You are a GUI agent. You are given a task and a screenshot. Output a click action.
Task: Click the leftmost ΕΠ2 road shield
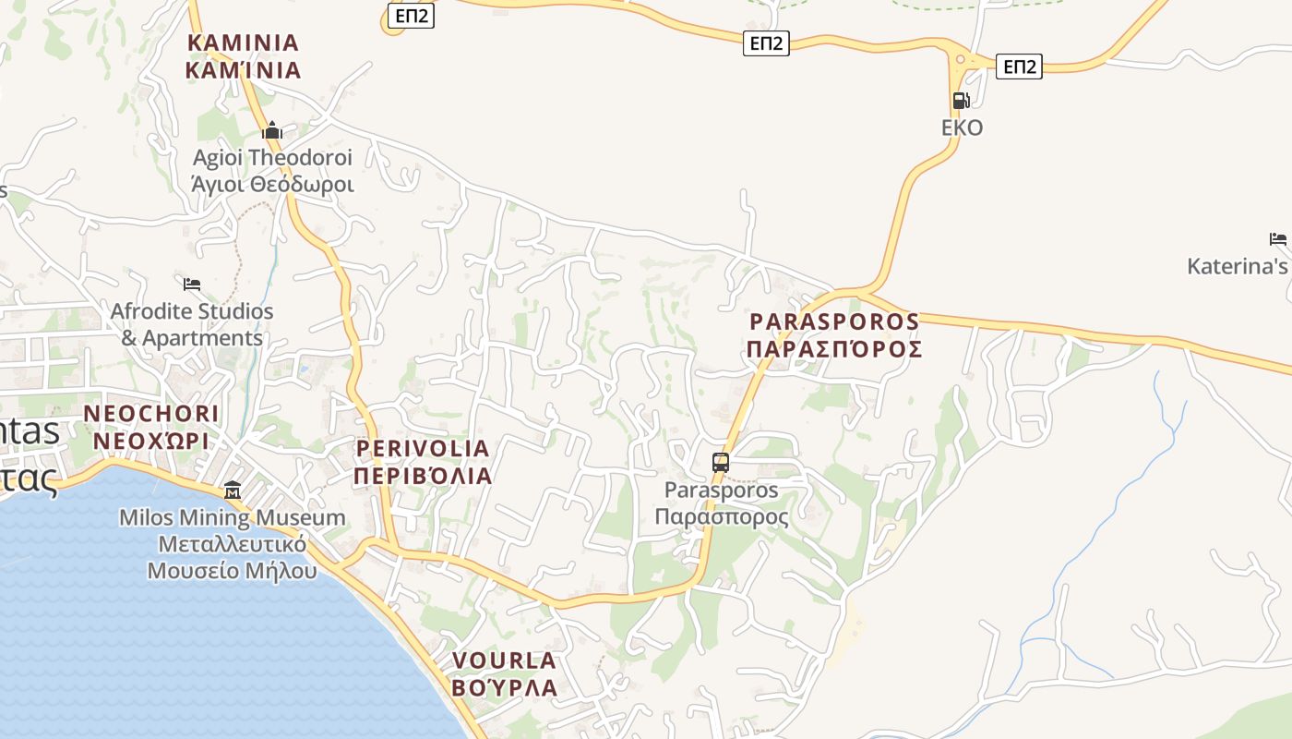pyautogui.click(x=411, y=16)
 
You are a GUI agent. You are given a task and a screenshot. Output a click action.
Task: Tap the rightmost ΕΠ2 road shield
pyautogui.click(x=1019, y=67)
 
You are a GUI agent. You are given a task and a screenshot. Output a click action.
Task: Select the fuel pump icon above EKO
pyautogui.click(x=961, y=101)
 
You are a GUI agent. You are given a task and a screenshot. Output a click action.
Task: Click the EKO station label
pyautogui.click(x=962, y=127)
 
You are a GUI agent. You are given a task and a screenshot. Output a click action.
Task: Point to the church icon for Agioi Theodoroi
pyautogui.click(x=272, y=130)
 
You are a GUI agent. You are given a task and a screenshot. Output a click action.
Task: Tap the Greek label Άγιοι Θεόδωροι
pyautogui.click(x=272, y=184)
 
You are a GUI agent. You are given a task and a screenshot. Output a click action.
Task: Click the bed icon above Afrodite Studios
pyautogui.click(x=192, y=284)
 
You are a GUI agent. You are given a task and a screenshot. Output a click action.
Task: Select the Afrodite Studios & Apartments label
pyautogui.click(x=192, y=324)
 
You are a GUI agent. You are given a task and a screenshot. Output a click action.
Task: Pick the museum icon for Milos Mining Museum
pyautogui.click(x=233, y=490)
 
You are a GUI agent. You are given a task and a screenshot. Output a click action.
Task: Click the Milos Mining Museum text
pyautogui.click(x=233, y=518)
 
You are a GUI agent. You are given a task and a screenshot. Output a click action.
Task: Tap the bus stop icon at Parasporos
pyautogui.click(x=721, y=462)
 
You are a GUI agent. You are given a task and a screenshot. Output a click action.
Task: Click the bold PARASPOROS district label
pyautogui.click(x=834, y=321)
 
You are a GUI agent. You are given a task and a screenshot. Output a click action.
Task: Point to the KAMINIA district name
pyautogui.click(x=243, y=42)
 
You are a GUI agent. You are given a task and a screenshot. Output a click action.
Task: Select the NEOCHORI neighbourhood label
pyautogui.click(x=152, y=413)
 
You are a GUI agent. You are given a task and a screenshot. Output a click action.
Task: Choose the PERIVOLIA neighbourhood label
pyautogui.click(x=423, y=449)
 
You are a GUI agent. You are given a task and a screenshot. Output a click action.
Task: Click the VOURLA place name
pyautogui.click(x=504, y=660)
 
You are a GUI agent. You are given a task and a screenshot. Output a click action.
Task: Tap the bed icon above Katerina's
pyautogui.click(x=1278, y=239)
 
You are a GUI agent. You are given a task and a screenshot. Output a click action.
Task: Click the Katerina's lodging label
pyautogui.click(x=1238, y=267)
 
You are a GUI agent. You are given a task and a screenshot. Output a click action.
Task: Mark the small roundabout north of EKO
pyautogui.click(x=960, y=61)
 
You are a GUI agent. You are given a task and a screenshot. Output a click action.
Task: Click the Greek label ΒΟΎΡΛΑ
pyautogui.click(x=504, y=688)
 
